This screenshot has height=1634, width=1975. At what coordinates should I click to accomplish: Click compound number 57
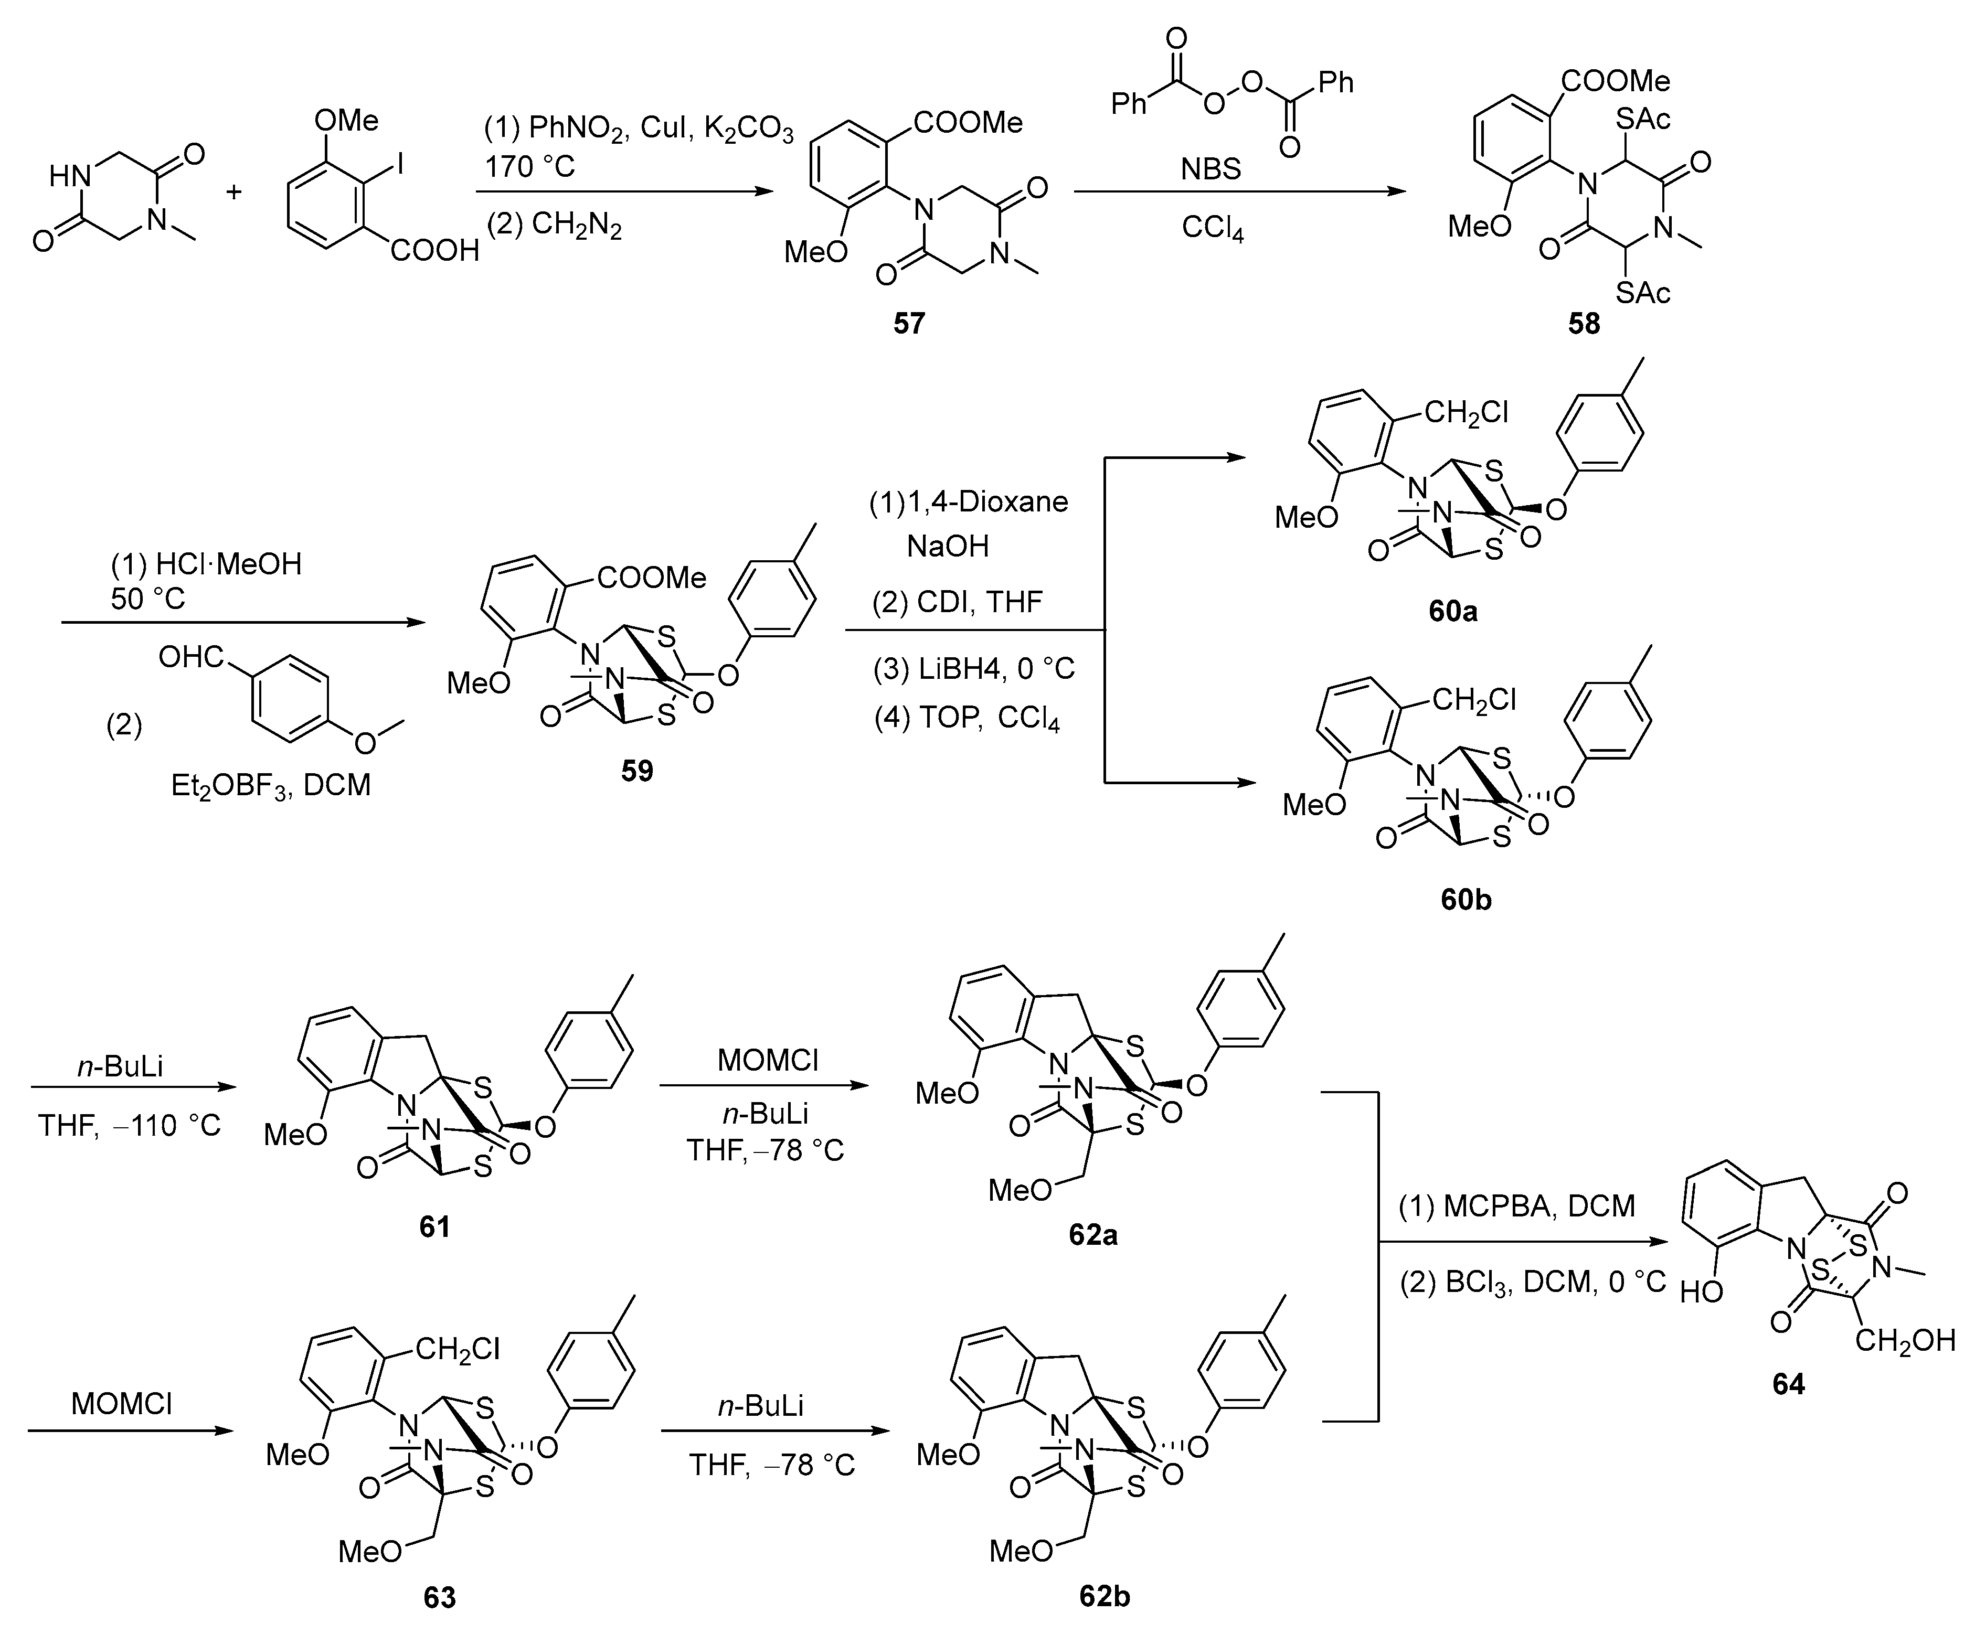(908, 324)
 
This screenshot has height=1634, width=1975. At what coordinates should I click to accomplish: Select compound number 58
(1584, 324)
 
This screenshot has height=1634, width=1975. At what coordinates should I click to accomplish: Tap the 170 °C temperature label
(529, 166)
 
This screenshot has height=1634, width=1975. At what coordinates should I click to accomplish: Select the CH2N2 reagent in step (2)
(576, 226)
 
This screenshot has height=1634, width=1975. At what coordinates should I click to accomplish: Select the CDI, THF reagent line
(958, 602)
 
